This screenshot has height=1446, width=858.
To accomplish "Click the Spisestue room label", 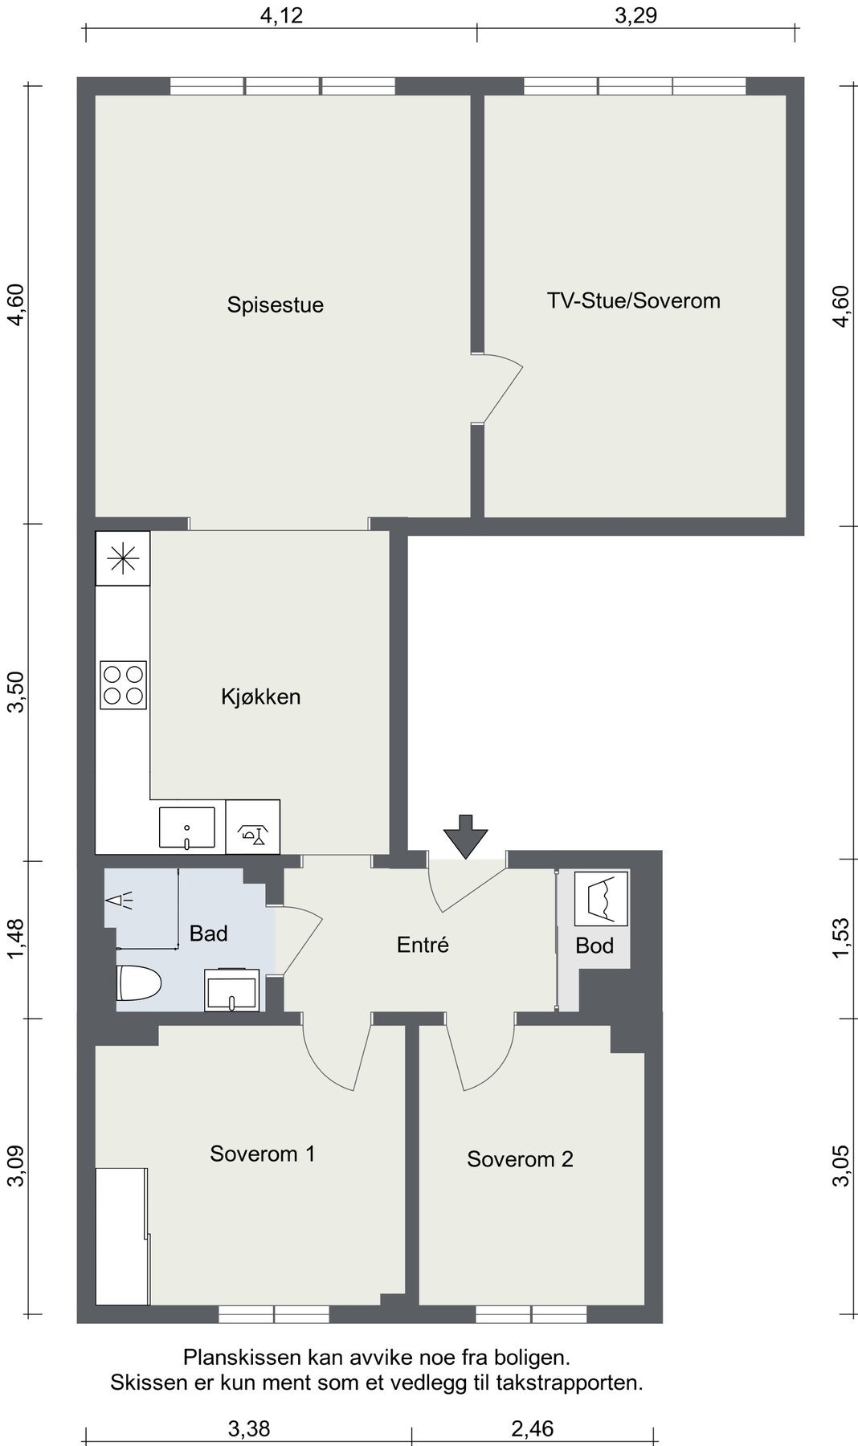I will click(x=275, y=305).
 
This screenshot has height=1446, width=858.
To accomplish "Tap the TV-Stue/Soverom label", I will click(x=633, y=300).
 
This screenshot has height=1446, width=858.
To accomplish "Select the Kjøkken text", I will click(x=260, y=696).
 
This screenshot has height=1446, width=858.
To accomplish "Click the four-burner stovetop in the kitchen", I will click(x=123, y=684).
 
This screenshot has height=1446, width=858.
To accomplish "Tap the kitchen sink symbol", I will click(x=187, y=827).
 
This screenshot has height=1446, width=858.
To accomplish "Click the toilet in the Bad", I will click(x=138, y=982).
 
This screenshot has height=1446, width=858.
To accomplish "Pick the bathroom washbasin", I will click(x=232, y=990).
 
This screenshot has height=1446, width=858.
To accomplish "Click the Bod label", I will click(x=594, y=946).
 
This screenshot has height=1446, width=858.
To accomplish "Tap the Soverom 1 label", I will click(x=262, y=1154).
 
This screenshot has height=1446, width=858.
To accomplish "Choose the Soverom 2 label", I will click(x=520, y=1159).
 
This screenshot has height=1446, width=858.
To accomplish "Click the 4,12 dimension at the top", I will click(x=281, y=15).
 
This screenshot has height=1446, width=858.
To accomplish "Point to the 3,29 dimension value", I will click(x=635, y=15).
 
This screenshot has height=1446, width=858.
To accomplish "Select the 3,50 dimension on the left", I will click(x=17, y=692).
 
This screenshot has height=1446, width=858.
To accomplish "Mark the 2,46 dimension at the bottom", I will click(x=532, y=1428).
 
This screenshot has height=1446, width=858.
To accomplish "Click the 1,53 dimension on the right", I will click(x=840, y=937).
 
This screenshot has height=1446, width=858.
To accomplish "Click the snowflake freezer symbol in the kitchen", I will click(x=123, y=558).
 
